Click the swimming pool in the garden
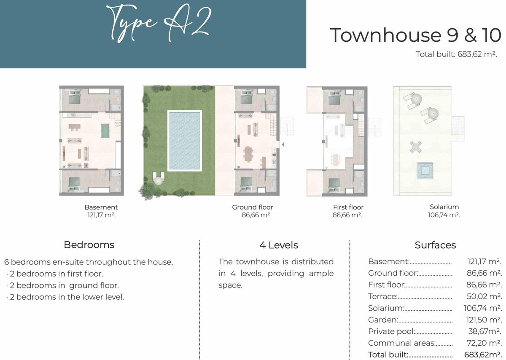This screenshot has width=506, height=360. [x=185, y=141]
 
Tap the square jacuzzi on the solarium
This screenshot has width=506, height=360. [x=425, y=170]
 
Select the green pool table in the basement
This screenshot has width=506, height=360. [x=105, y=131]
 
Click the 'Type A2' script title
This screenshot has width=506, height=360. [x=159, y=24]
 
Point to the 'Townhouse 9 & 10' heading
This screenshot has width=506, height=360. [x=415, y=35]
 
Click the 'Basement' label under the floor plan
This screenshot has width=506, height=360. [x=101, y=207]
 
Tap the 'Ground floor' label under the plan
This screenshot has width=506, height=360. [x=253, y=207]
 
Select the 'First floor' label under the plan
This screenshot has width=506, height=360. [x=348, y=207]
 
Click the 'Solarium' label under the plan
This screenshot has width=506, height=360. [x=444, y=207]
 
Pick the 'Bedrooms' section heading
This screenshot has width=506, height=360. [x=89, y=245]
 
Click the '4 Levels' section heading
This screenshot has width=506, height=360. [x=279, y=245]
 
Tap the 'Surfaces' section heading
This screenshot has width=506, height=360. [x=435, y=245]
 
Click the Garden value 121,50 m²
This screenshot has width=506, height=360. [x=483, y=320]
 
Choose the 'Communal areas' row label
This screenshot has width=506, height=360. [x=401, y=343]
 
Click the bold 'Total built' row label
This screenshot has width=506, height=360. [x=388, y=355]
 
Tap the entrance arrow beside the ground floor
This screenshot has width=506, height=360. [x=283, y=145]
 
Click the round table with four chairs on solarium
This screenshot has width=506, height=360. [x=416, y=147]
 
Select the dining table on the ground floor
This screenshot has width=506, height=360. [x=248, y=154]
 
